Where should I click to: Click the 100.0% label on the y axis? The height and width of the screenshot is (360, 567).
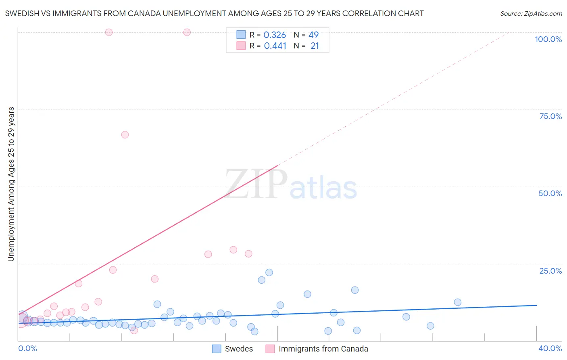click(x=548, y=39)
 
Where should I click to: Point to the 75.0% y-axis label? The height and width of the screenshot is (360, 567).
click(x=550, y=116)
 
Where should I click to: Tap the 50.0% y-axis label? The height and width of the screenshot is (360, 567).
click(x=550, y=193)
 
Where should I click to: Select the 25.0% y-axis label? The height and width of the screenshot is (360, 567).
click(x=550, y=271)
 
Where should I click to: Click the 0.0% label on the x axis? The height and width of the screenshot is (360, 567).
click(x=27, y=348)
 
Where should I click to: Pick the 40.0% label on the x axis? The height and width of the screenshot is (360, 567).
click(x=550, y=348)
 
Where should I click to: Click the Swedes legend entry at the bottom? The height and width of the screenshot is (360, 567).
click(x=239, y=349)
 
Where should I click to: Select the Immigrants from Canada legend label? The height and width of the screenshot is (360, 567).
click(x=323, y=349)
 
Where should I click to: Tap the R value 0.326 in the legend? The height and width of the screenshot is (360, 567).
click(x=275, y=35)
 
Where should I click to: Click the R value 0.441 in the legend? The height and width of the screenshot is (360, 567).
click(x=275, y=46)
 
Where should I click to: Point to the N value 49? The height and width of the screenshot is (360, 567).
click(x=313, y=35)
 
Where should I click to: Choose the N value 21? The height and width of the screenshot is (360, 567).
click(x=315, y=46)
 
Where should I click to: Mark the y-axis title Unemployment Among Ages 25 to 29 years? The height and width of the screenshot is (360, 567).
click(x=11, y=184)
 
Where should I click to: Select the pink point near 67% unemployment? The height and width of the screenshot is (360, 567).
click(x=125, y=135)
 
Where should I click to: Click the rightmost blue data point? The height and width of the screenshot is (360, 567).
click(x=457, y=302)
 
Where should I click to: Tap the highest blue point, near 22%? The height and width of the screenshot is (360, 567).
click(x=269, y=272)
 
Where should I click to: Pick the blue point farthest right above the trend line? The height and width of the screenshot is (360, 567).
click(x=457, y=302)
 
